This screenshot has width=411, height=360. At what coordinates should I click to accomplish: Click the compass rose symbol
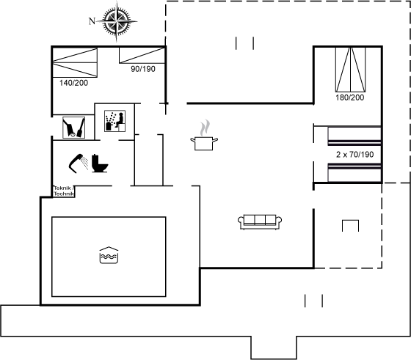coord(117,21)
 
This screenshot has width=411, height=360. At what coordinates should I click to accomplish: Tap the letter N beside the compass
coord(92,21)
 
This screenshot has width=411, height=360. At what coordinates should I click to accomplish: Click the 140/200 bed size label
coord(73,83)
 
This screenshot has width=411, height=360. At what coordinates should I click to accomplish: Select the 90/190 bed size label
coord(143,69)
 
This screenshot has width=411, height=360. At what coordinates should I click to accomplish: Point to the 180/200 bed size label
coord(350,98)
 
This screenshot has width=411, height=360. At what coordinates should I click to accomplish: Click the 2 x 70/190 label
coord(355,155)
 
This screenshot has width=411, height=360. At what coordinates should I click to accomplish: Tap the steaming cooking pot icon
coord(204,136)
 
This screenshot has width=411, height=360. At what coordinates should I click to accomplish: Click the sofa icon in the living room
coord(260,222)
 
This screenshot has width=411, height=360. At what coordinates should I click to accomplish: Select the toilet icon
coord(100,164)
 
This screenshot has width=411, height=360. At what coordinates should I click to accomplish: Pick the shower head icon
coord(79,164)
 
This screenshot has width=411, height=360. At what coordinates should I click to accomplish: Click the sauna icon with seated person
coord(114,121)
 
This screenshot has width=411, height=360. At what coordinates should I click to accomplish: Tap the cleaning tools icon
coord(74,128)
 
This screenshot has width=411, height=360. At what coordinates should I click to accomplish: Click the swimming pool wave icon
coord(109,255)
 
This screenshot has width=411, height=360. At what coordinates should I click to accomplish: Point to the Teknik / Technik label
coord(64,191)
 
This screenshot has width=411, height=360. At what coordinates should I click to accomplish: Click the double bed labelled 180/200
coord(351,70)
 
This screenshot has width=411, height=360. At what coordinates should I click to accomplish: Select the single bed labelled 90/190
coord(142,55)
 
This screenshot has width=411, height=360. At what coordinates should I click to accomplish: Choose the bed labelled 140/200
coord(75,62)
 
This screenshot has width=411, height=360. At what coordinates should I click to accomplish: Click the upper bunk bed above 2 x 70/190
coord(354,136)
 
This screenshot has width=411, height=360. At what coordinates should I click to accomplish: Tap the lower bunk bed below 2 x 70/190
coord(354,172)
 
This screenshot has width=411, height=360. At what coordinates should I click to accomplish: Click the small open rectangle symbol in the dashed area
coord(351,221)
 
